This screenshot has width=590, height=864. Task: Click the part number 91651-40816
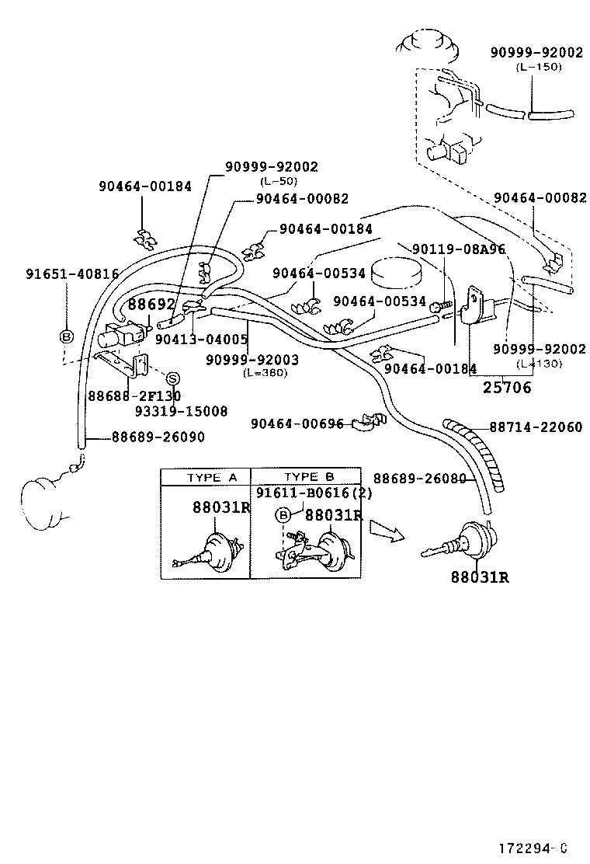(72, 273)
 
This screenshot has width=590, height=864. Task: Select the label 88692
(152, 305)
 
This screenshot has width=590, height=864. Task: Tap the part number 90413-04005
(201, 340)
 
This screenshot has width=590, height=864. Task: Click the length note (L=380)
(264, 373)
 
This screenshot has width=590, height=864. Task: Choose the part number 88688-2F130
(134, 396)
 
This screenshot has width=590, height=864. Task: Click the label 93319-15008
(181, 411)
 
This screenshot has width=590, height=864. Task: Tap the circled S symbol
(173, 378)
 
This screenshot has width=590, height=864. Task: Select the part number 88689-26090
(158, 437)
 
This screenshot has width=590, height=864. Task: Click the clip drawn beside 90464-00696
(365, 423)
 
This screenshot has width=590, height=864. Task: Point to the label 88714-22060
(535, 427)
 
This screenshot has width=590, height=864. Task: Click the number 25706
(506, 388)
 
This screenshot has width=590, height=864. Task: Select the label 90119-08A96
(458, 249)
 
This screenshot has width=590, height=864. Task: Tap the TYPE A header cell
(206, 476)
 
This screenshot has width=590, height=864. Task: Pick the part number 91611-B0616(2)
(314, 493)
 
